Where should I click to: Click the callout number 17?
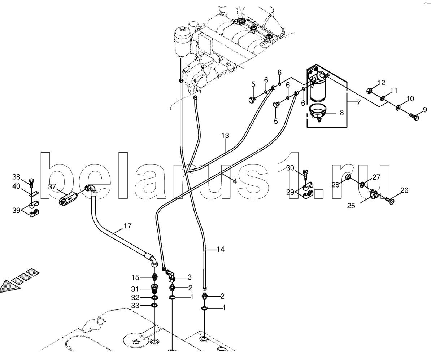point(127,226)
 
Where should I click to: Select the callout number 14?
point(221,249)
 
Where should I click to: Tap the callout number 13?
point(225,136)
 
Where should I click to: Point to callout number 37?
point(52,187)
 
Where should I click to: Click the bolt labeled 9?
point(413,118)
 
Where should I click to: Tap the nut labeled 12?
point(370,90)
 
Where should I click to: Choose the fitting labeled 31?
point(154,289)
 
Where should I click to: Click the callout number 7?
point(358,103)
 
